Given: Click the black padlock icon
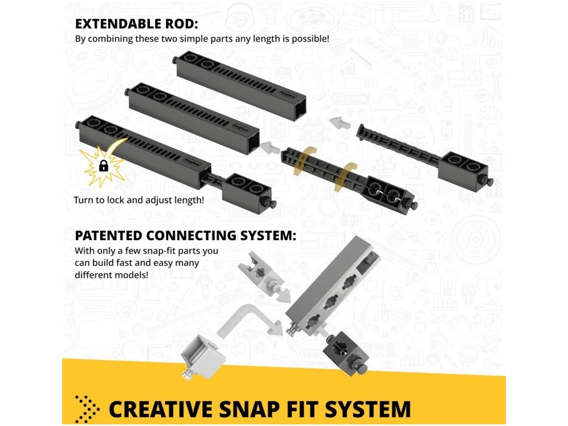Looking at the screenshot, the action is click(x=103, y=165).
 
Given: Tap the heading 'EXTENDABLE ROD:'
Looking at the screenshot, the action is click(x=136, y=24).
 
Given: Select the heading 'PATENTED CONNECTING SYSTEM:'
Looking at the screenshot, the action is click(x=185, y=235).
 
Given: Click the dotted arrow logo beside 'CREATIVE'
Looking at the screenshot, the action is click(x=87, y=409).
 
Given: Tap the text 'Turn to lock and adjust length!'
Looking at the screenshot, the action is click(x=139, y=200).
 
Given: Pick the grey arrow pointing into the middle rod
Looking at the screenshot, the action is click(x=271, y=147).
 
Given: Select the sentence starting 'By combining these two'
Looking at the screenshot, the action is click(x=202, y=39).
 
